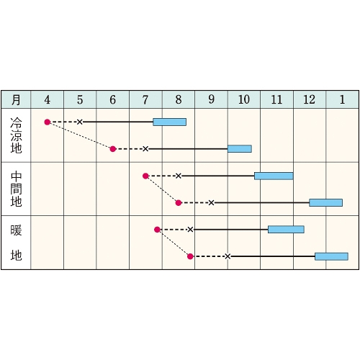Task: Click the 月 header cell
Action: (x=16, y=99)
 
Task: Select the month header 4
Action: (x=48, y=99)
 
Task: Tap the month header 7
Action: (x=145, y=99)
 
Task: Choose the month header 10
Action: (x=244, y=99)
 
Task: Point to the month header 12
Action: (x=310, y=99)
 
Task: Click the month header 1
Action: (x=342, y=99)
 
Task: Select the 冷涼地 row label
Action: (x=16, y=135)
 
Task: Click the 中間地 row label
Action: (x=16, y=189)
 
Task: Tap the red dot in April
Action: (x=48, y=122)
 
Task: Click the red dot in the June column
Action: (x=113, y=149)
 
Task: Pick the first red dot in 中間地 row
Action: (x=145, y=176)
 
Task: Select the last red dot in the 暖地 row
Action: (x=190, y=256)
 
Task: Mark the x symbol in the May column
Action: (x=80, y=122)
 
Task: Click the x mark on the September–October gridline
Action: (x=228, y=256)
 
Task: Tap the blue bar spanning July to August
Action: (x=169, y=122)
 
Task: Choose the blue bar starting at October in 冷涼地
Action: (x=240, y=149)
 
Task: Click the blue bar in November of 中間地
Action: (x=274, y=176)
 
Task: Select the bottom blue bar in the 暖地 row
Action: (x=331, y=256)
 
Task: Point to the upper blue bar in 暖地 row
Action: (x=286, y=230)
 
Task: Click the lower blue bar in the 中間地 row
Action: (x=325, y=202)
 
